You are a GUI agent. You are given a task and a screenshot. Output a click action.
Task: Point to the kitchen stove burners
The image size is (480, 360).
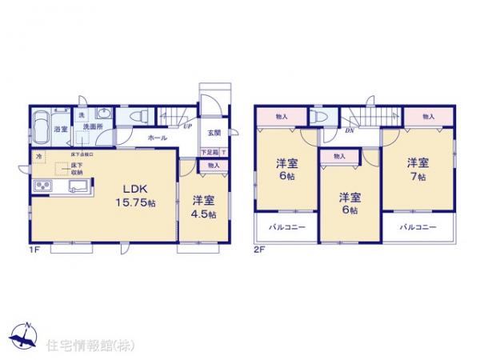click(42, 188)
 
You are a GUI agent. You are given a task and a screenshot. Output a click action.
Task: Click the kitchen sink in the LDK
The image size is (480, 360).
click(79, 188)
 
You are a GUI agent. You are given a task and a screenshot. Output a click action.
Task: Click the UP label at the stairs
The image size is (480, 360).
click(186, 126)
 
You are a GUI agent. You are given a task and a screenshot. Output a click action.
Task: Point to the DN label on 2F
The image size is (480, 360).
click(350, 130)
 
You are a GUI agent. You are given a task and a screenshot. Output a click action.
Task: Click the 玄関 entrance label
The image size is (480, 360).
click(214, 134)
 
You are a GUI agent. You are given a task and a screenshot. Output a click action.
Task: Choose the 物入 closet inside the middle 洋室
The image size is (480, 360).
click(338, 156)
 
